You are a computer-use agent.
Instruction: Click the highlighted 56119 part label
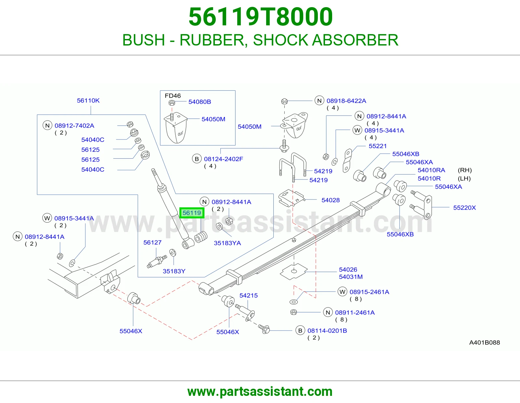pos(192,213)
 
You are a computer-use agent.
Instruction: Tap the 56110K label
pos(88,100)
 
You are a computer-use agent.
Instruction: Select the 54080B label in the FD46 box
pos(200,102)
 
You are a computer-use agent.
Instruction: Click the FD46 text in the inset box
pos(173,96)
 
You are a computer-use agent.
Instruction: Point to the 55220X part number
pos(464,207)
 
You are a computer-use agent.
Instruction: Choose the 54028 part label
pos(331,200)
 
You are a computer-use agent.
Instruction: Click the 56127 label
pos(152,242)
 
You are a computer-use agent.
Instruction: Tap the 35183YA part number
pos(227,243)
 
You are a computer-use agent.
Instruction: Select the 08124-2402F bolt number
pos(224,159)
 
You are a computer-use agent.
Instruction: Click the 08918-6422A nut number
pos(346,101)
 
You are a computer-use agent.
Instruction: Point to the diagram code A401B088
pos(485,343)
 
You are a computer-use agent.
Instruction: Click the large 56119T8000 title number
pos(261,17)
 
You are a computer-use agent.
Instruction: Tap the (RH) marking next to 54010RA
pos(465,170)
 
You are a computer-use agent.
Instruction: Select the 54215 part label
pos(249,295)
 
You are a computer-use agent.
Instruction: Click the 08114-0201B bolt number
pos(327,331)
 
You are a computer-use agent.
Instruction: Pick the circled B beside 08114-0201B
pos(300,331)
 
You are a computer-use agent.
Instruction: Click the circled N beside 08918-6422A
pos(319,101)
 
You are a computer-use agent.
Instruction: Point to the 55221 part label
pos(378,146)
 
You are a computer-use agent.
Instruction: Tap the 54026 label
pos(348,269)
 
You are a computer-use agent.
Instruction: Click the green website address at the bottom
pos(260,392)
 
